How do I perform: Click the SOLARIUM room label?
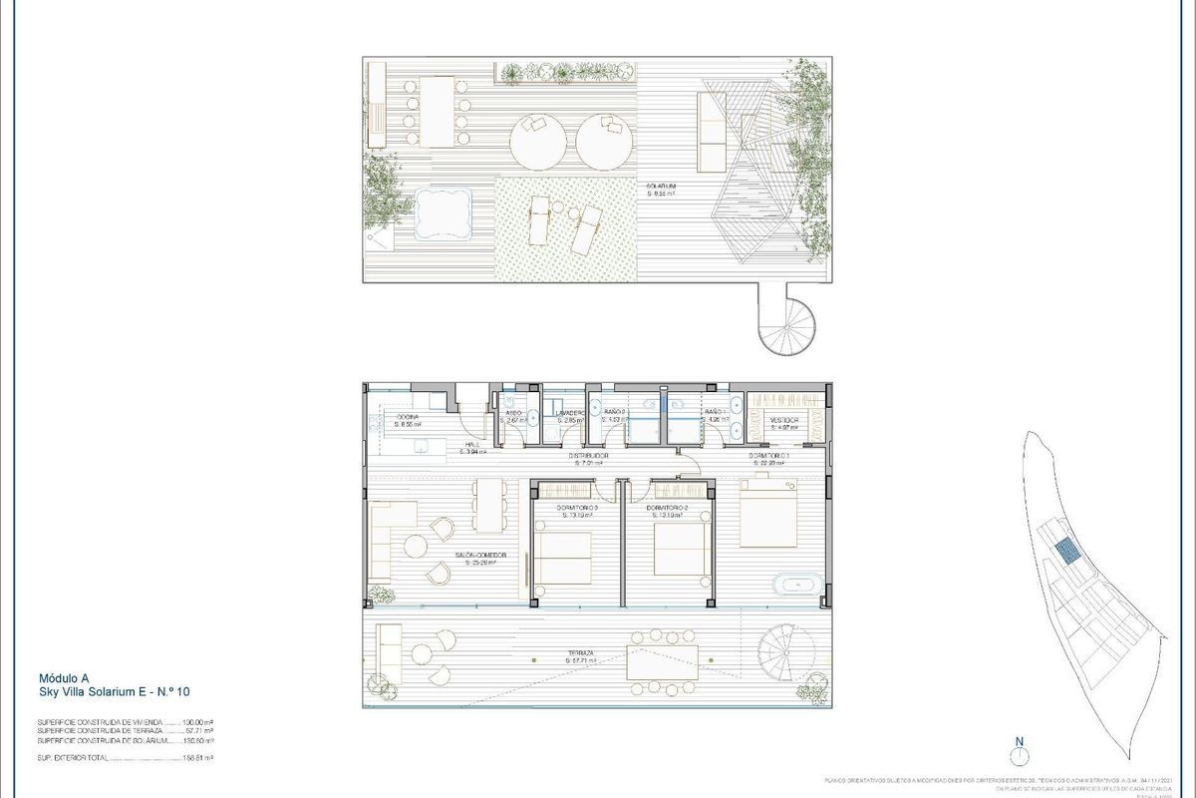tap(661, 186)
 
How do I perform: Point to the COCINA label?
tap(408, 417)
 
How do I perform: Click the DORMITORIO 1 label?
tap(770, 456)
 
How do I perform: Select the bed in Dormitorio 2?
tap(683, 549)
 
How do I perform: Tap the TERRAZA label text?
tap(579, 654)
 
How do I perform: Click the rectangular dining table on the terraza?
tap(662, 662)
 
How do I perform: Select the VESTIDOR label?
tap(783, 421)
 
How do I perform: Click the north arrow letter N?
tap(1019, 741)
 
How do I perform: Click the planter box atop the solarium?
tap(568, 72)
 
